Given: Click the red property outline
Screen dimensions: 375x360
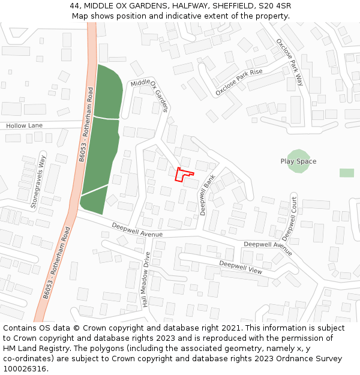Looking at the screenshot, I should coord(184,175).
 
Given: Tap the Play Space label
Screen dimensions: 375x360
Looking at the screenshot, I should coord(298,161).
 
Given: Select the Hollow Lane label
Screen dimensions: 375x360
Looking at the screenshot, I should coord(25,125).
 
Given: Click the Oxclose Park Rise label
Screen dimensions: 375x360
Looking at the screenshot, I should coord(239,83).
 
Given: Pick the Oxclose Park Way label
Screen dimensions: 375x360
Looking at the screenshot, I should coord(290,62).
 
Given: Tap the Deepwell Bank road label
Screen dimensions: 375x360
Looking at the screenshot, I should coord(208,195).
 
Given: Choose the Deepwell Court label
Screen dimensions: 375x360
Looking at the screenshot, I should coord(290,218).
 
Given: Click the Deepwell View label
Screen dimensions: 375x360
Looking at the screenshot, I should coord(240,268).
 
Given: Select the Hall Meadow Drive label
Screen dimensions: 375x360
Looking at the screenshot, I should coord(146,279).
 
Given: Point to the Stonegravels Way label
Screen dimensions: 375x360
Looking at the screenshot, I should coord(38,182).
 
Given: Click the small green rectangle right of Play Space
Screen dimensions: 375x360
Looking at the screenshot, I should coord(346,173).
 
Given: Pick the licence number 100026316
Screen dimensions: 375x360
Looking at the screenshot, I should coord(26,368).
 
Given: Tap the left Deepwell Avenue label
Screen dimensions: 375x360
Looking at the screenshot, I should coord(137,230).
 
